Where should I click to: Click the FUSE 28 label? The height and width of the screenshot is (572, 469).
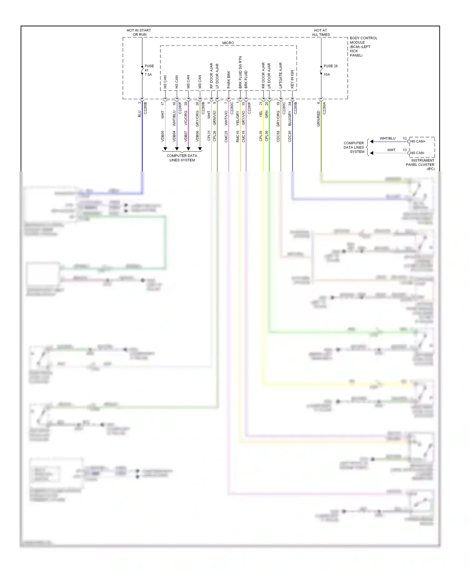coord(330,66)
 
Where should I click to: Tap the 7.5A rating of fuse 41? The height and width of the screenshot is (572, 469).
coord(148,74)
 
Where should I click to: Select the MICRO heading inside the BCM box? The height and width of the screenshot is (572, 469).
coord(228,43)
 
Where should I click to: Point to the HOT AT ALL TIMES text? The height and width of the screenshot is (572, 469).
coord(321,33)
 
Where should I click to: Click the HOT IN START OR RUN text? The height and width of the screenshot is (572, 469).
coord(139,33)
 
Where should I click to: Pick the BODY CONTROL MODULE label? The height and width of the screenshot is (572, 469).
coord(363,47)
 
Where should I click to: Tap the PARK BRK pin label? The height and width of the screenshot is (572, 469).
coord(229,79)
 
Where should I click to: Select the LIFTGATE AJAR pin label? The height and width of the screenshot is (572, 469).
coord(280,75)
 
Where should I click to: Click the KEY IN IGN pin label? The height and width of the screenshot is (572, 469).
coord(292,79)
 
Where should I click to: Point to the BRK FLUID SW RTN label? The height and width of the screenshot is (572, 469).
coord(240,72)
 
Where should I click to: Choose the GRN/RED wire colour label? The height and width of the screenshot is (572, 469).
coord(319,119)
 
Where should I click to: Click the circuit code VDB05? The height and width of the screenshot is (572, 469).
coord(163,136)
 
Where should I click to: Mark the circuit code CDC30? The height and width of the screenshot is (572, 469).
coord(290,136)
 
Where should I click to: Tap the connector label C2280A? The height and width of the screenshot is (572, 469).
coord(324,108)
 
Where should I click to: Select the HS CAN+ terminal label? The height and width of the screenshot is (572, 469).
coord(418,141)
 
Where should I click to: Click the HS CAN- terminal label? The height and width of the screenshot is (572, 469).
coord(417,153)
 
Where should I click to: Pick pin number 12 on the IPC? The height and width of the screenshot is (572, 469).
coord(405,138)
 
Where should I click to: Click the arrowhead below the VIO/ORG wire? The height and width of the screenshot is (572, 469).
coord(188,149)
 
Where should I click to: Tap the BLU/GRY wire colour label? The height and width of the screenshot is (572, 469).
coord(290,119)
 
